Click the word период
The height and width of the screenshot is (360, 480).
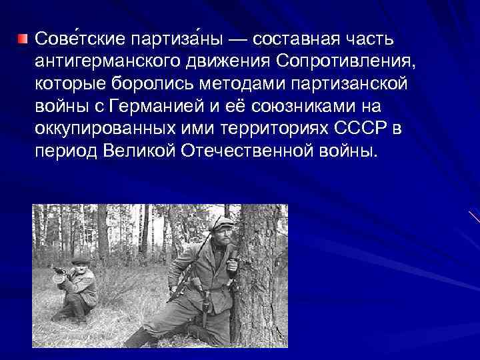coord(67,151)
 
